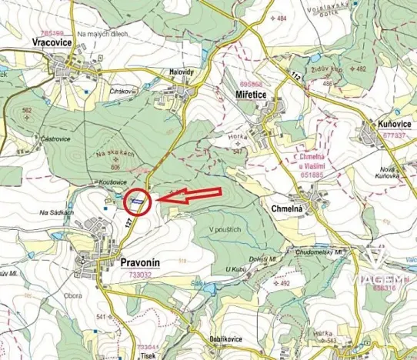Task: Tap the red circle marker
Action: (x=138, y=202)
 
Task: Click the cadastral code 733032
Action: (x=140, y=273)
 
